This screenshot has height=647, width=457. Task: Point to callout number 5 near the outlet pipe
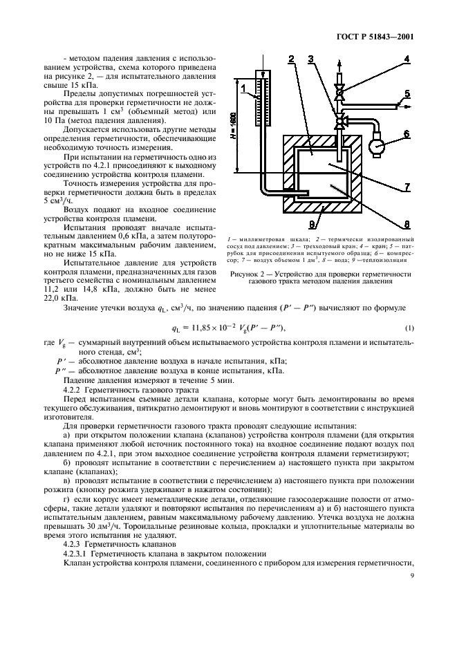tap(407, 93)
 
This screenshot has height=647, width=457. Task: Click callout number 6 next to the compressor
tap(407, 133)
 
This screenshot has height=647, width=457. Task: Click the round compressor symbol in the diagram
tap(377, 147)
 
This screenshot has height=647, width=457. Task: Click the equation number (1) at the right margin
tap(409, 326)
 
